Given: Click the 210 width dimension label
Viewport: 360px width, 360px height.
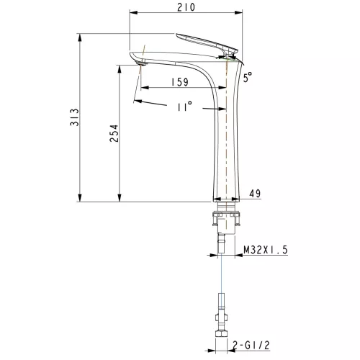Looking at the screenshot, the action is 186,7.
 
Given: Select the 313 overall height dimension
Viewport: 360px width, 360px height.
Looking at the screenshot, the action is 74,117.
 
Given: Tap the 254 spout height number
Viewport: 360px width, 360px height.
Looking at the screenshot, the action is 114,133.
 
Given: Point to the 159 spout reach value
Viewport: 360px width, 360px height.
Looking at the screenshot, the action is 180,82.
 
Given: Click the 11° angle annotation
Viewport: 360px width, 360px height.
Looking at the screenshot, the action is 184,107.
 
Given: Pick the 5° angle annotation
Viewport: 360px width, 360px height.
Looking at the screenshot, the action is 248,77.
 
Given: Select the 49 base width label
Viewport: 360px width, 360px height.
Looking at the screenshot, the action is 255,193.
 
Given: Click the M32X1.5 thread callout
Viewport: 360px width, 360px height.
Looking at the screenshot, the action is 266,250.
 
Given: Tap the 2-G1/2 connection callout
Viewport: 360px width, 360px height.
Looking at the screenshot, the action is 251,346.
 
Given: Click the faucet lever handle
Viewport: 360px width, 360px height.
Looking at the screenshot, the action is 207,43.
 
